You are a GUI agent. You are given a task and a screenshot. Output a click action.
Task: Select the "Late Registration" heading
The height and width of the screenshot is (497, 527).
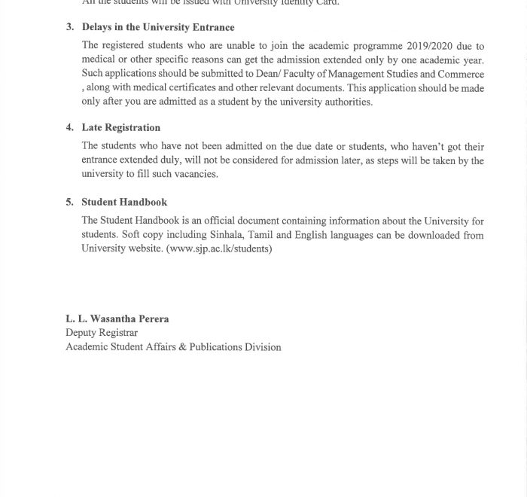point(120,128)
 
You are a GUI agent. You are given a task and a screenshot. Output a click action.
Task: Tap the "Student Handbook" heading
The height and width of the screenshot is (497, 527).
point(124,202)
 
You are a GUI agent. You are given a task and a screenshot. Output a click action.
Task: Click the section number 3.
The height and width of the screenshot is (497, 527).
point(69,28)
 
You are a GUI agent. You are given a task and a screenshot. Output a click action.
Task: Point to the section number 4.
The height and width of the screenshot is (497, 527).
point(69,128)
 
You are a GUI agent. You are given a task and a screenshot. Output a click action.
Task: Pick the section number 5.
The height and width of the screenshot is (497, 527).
point(69,202)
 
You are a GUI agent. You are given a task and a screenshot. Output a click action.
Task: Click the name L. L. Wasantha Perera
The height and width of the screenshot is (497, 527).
point(117,319)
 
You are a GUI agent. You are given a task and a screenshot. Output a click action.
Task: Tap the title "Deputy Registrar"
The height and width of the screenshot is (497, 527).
point(102,332)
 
